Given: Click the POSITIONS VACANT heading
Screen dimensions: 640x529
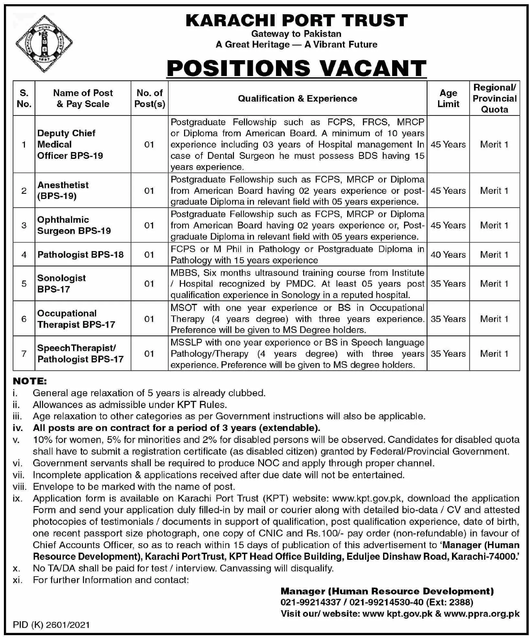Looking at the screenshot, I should tap(296, 68).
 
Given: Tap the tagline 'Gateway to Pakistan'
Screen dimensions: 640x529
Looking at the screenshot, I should tap(296, 34).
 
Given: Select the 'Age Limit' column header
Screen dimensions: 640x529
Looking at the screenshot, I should tap(448, 98).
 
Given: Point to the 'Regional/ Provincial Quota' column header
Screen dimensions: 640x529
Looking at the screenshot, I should tap(494, 98).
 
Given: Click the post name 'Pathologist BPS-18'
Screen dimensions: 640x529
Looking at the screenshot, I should tap(81, 255).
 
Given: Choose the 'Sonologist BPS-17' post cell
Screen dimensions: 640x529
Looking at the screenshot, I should tap(61, 283).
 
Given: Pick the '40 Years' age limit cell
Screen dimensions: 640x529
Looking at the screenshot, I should tap(448, 255).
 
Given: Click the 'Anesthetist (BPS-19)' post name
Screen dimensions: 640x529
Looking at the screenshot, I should tap(63, 191).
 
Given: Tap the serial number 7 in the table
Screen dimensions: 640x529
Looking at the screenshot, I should tap(24, 354).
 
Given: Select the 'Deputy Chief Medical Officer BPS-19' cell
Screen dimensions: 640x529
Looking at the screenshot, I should tap(70, 144).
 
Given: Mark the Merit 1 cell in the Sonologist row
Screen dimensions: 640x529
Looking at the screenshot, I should tap(494, 283).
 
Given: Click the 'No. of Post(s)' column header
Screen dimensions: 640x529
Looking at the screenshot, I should tap(150, 98).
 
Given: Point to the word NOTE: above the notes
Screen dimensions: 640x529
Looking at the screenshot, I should tap(30, 381).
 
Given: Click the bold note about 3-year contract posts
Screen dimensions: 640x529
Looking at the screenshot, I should tap(176, 428).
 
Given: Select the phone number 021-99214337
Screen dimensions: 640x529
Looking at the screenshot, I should tap(311, 602).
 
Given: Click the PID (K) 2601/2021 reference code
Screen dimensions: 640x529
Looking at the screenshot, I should tap(51, 624).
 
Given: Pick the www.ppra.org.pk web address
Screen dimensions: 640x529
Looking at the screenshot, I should tap(482, 613).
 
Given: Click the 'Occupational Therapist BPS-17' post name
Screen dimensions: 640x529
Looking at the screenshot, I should tap(76, 319).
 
